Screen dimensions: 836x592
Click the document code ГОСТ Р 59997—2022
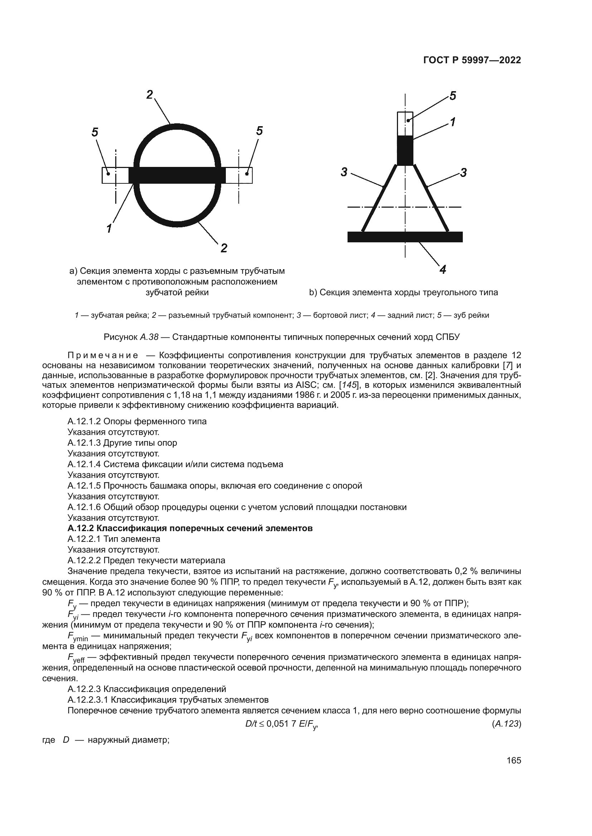click(472, 60)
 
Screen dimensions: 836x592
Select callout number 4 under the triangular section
click(443, 270)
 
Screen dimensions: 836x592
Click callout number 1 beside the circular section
click(109, 229)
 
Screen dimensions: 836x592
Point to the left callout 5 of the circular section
click(95, 132)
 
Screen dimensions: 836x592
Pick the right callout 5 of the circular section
click(259, 131)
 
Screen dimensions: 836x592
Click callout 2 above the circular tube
click(150, 95)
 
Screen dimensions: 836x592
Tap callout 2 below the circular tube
click(224, 248)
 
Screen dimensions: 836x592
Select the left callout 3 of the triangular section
click(344, 172)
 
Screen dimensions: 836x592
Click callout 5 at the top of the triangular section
click(452, 96)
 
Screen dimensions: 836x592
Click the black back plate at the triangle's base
click(405, 237)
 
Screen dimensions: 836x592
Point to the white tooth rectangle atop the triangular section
click(405, 123)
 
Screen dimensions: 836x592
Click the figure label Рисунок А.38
click(131, 337)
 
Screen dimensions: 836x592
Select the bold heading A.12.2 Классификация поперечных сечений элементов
click(190, 528)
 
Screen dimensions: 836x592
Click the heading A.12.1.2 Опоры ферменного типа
click(137, 421)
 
